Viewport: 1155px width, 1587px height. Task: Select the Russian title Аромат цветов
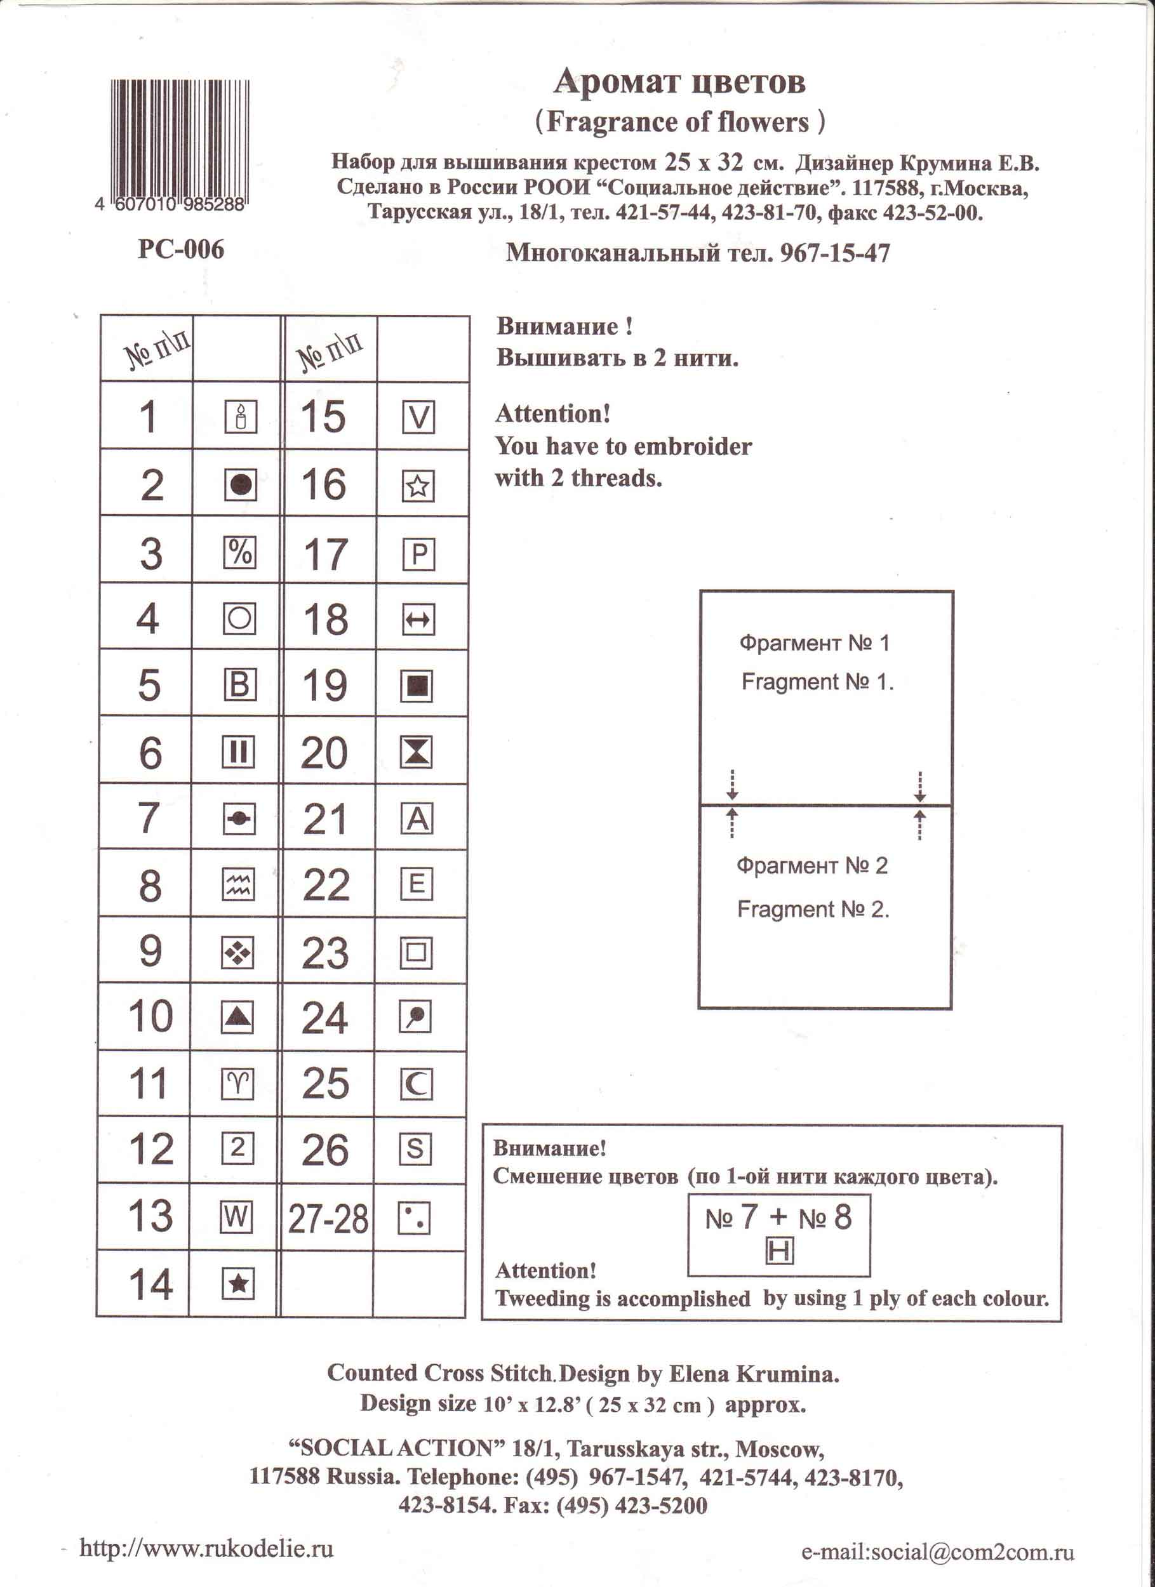pos(679,82)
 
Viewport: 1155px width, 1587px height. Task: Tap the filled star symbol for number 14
pos(237,1283)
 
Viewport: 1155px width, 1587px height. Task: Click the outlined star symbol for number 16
pos(418,485)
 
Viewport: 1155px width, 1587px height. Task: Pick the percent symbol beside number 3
pos(239,553)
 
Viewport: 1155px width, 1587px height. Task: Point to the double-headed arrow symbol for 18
pos(418,620)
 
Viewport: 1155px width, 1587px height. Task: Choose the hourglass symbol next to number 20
pos(417,752)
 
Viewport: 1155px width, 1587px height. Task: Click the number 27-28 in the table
pos(328,1218)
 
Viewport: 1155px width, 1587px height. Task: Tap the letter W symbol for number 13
pos(237,1218)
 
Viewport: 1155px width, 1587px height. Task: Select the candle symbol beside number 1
pos(240,417)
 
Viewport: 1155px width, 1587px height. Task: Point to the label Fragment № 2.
pos(813,910)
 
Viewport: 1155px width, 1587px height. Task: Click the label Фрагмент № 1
pos(814,642)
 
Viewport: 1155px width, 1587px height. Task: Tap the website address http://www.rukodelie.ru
pos(206,1548)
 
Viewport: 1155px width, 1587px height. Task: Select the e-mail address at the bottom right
pos(937,1552)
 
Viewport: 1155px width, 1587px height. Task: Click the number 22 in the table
pos(326,884)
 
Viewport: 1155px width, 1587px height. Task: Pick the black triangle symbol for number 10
pos(237,1017)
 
